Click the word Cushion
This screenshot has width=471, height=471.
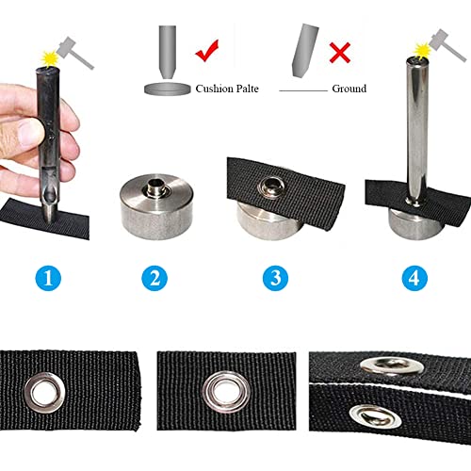219,89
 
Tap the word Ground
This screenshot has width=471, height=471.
348,89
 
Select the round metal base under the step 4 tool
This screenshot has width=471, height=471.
413,220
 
